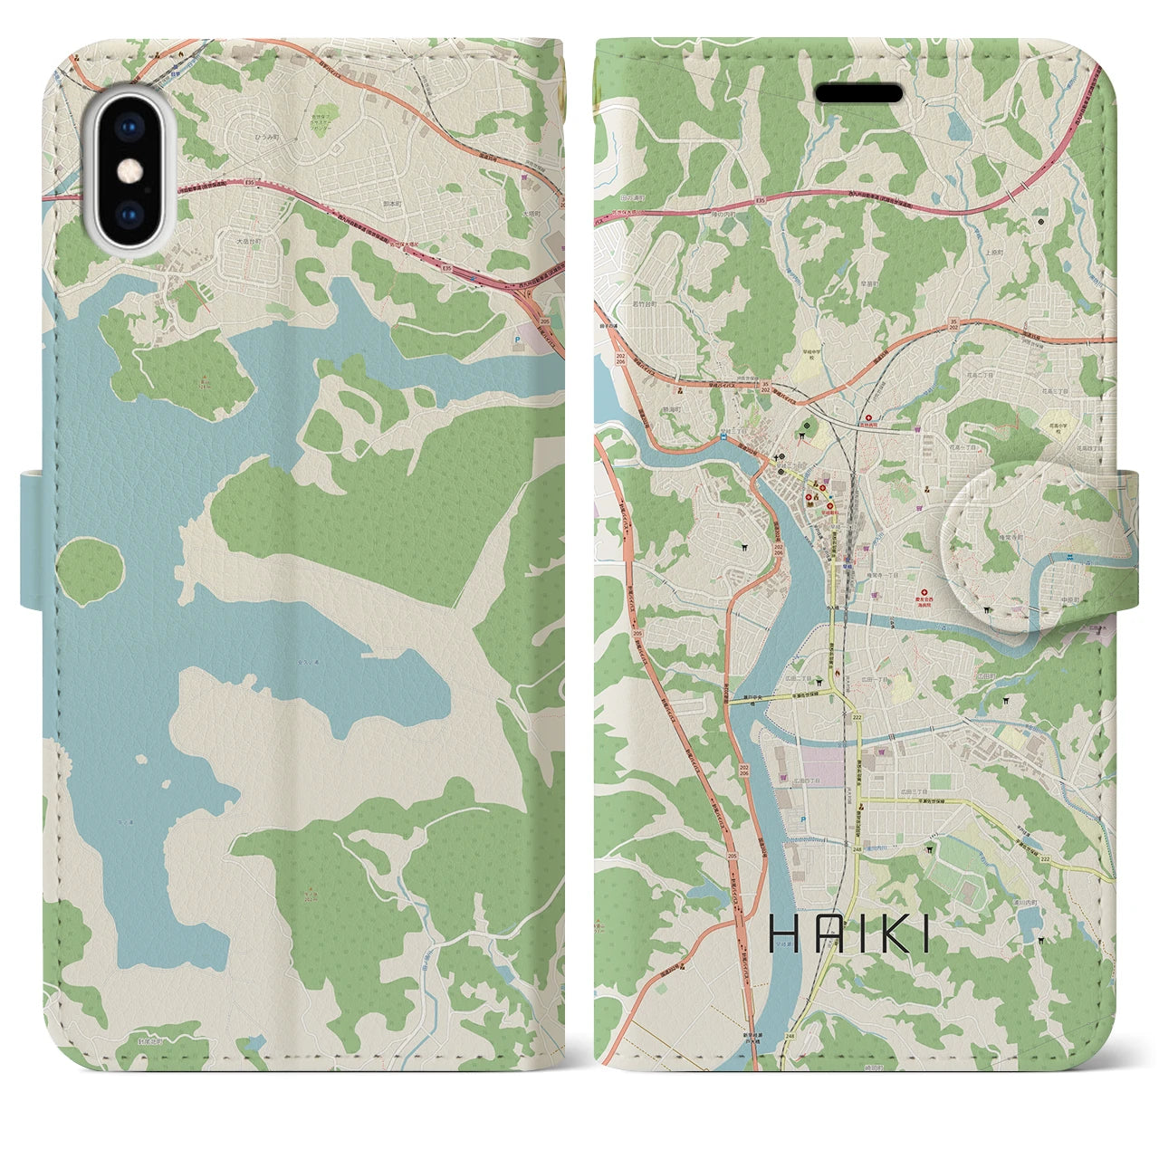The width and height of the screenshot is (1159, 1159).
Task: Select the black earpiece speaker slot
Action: tap(859, 93)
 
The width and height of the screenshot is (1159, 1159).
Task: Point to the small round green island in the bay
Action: tap(89, 568)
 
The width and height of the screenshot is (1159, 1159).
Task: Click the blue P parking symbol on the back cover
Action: tap(518, 342)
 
